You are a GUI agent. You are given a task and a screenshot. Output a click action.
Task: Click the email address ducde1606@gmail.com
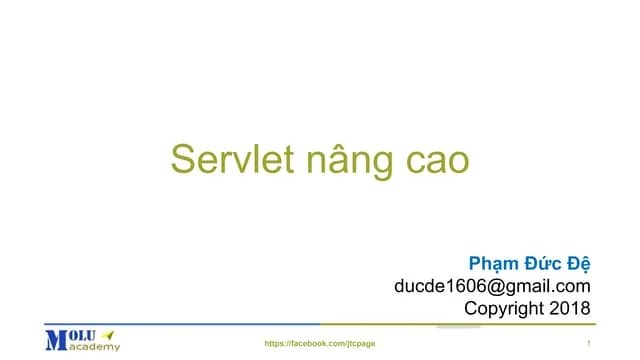493,287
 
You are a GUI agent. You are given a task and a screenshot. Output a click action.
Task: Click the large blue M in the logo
55,340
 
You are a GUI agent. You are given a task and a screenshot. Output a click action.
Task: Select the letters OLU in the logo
83,334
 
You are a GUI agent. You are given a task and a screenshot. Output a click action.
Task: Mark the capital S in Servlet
182,160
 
